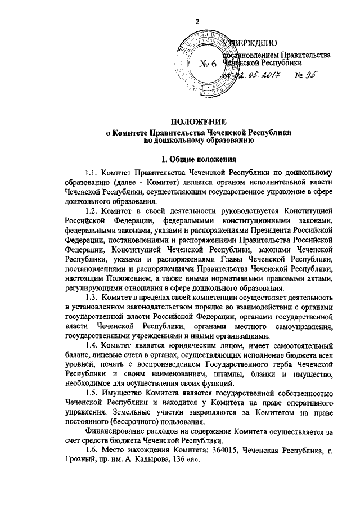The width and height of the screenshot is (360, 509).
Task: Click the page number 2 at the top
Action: click(x=197, y=21)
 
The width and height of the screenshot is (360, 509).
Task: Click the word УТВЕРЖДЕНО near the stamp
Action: click(x=251, y=43)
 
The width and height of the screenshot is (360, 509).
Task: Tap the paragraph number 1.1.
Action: click(x=92, y=173)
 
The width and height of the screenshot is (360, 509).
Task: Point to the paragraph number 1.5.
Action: click(x=92, y=394)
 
